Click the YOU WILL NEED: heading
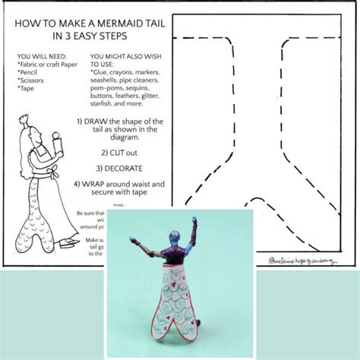41,57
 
